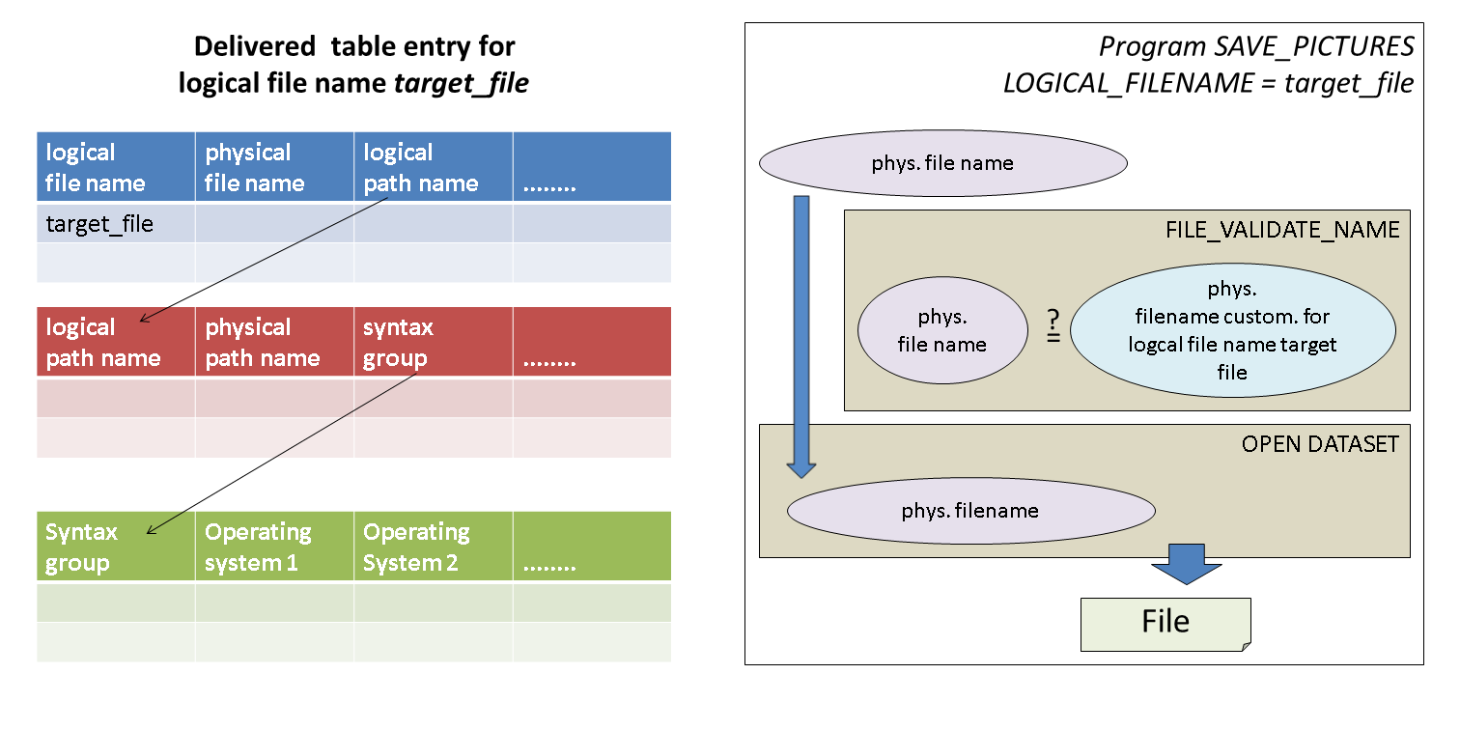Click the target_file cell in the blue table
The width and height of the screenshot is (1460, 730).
tap(99, 224)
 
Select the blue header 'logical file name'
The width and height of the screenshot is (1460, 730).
tap(95, 168)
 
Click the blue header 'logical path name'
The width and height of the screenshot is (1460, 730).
tap(420, 168)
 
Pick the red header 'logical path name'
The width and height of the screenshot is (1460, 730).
tap(102, 343)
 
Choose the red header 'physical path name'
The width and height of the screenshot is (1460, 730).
tap(262, 343)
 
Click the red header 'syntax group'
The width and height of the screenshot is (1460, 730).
tap(398, 343)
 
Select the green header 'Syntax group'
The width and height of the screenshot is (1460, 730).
tap(81, 547)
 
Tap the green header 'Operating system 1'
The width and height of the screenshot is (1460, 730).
tap(258, 547)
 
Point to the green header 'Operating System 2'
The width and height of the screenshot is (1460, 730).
tap(416, 547)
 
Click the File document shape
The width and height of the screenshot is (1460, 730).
tap(1165, 623)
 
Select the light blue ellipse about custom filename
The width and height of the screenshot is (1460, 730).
tap(1232, 330)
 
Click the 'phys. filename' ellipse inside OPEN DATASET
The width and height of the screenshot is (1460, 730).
tap(970, 511)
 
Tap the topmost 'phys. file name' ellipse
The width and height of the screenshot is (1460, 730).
tap(942, 163)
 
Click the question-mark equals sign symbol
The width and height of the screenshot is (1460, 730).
tap(1053, 327)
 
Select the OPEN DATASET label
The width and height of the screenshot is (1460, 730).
tap(1319, 444)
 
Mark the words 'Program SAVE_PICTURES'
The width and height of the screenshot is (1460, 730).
tap(1256, 46)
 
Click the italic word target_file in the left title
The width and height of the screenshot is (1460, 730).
tap(462, 83)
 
